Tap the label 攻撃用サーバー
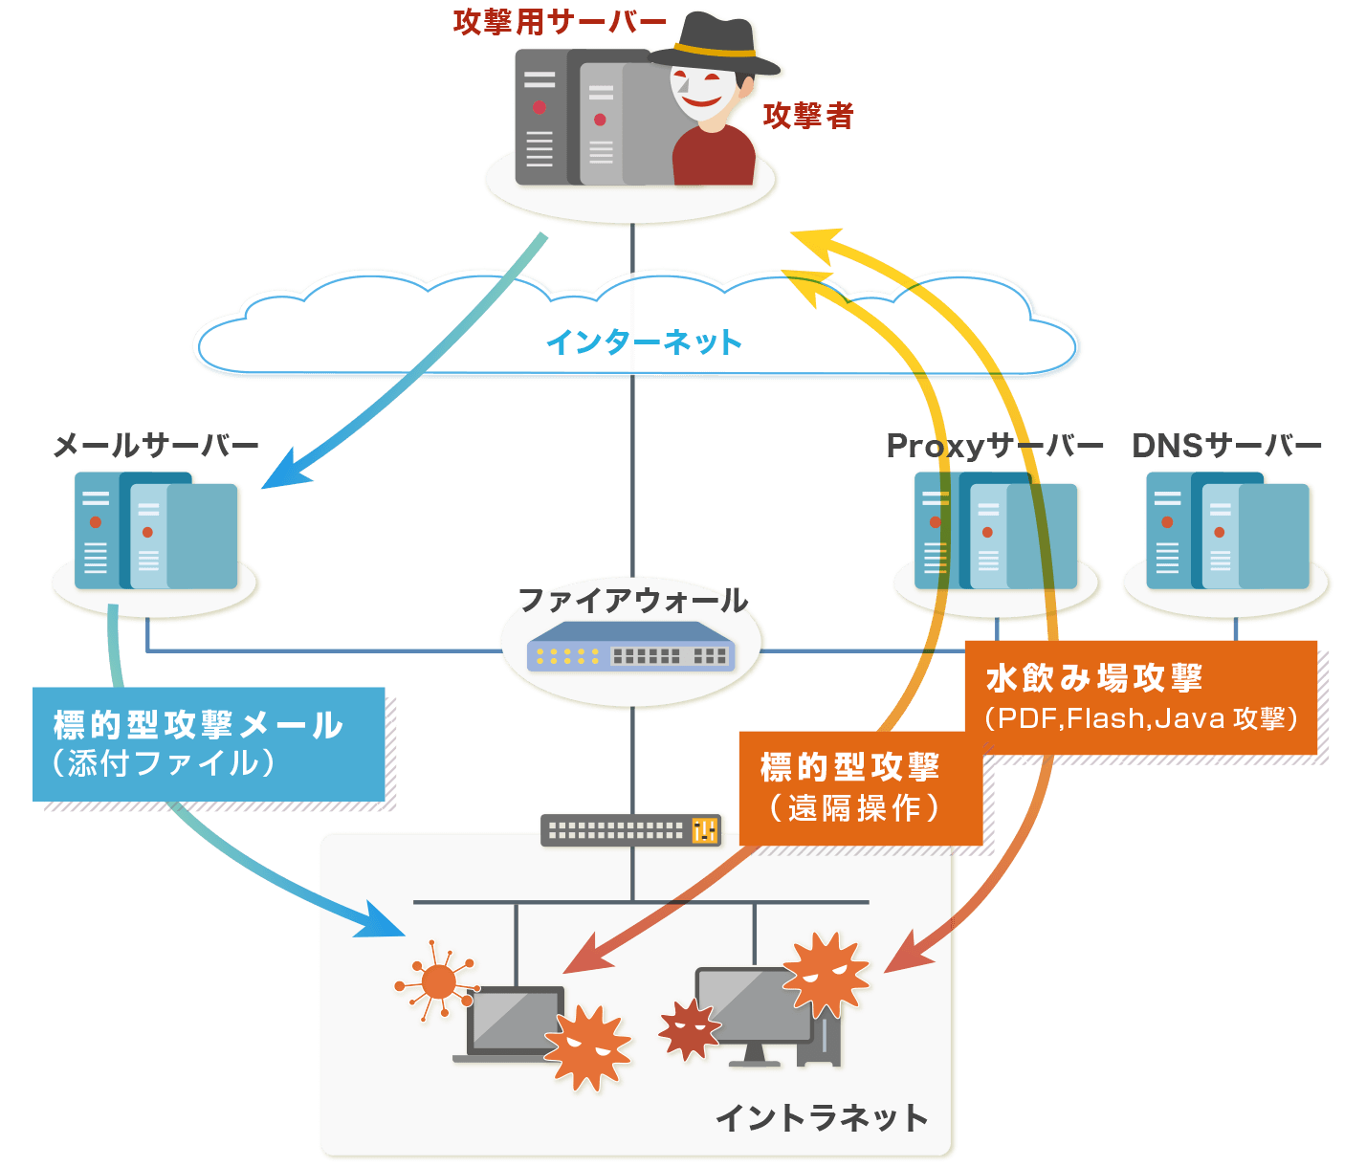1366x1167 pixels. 560,22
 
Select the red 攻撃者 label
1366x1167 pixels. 808,116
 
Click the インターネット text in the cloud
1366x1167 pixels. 644,342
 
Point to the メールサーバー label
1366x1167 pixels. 156,446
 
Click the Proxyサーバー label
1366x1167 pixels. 995,446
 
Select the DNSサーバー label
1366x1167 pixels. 1226,446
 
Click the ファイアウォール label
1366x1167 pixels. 632,601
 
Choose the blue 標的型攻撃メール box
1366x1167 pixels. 209,744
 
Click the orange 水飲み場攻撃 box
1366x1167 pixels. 1140,697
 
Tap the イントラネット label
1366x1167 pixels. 822,1117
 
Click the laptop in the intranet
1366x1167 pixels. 512,1024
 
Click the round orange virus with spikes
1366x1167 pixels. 438,981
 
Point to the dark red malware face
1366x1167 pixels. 689,1029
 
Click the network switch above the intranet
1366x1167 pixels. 632,829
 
